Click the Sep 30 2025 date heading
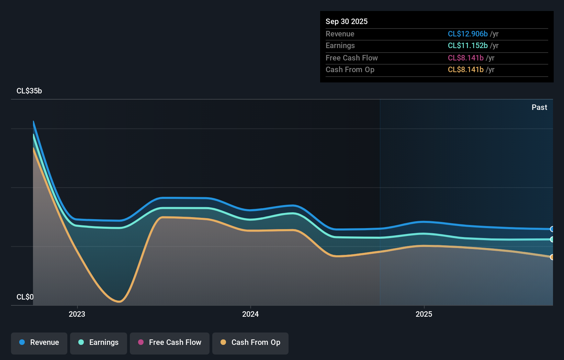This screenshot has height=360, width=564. point(346,21)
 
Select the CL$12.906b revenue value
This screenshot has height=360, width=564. point(467,34)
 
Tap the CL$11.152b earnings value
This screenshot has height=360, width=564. point(467,45)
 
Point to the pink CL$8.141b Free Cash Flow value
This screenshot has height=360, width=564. point(465,58)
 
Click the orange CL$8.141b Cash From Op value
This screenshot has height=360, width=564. point(465,69)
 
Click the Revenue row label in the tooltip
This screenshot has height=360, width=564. point(340,34)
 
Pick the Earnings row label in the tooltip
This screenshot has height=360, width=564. point(340,45)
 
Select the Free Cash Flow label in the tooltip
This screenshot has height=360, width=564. point(351,58)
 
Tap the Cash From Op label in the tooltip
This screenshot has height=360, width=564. point(350,69)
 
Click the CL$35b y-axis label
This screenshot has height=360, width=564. point(29,91)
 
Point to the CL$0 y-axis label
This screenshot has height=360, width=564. point(25,297)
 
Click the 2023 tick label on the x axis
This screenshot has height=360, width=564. point(77,314)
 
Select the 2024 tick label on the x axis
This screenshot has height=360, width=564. point(250,314)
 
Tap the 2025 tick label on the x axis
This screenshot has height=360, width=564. point(424,314)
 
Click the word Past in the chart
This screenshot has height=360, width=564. point(539,107)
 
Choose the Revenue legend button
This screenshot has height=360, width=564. point(39,342)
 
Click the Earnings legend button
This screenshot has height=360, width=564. point(99,342)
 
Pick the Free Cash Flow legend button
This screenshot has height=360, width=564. point(170,342)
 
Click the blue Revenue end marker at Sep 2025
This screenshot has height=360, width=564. point(552,229)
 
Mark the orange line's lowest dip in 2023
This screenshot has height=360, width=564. point(119,302)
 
